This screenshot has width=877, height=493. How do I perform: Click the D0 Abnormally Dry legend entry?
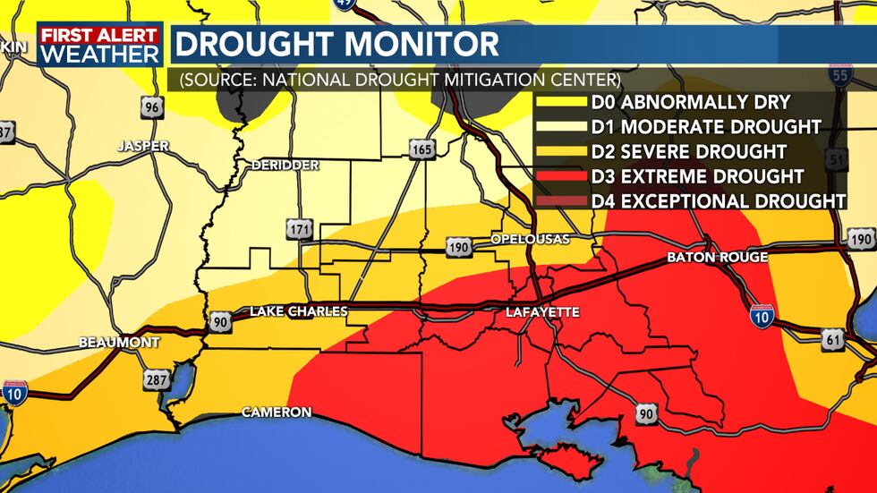[690, 102]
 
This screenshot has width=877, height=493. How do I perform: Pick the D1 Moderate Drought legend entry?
[706, 126]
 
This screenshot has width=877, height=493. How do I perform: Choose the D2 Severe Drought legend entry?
[689, 151]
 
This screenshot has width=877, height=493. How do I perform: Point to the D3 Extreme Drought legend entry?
[697, 176]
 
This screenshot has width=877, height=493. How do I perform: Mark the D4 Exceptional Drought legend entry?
[719, 200]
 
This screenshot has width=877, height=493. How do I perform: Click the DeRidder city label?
[285, 166]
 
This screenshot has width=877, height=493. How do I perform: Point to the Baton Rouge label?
[717, 258]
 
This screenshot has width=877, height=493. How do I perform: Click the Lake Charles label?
[298, 311]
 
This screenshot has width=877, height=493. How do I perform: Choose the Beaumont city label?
[119, 343]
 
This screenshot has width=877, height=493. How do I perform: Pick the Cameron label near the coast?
[277, 412]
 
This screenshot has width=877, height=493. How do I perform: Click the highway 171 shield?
[299, 229]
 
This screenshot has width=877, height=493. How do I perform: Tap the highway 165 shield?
[422, 149]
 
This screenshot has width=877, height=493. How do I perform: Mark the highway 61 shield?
[834, 338]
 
